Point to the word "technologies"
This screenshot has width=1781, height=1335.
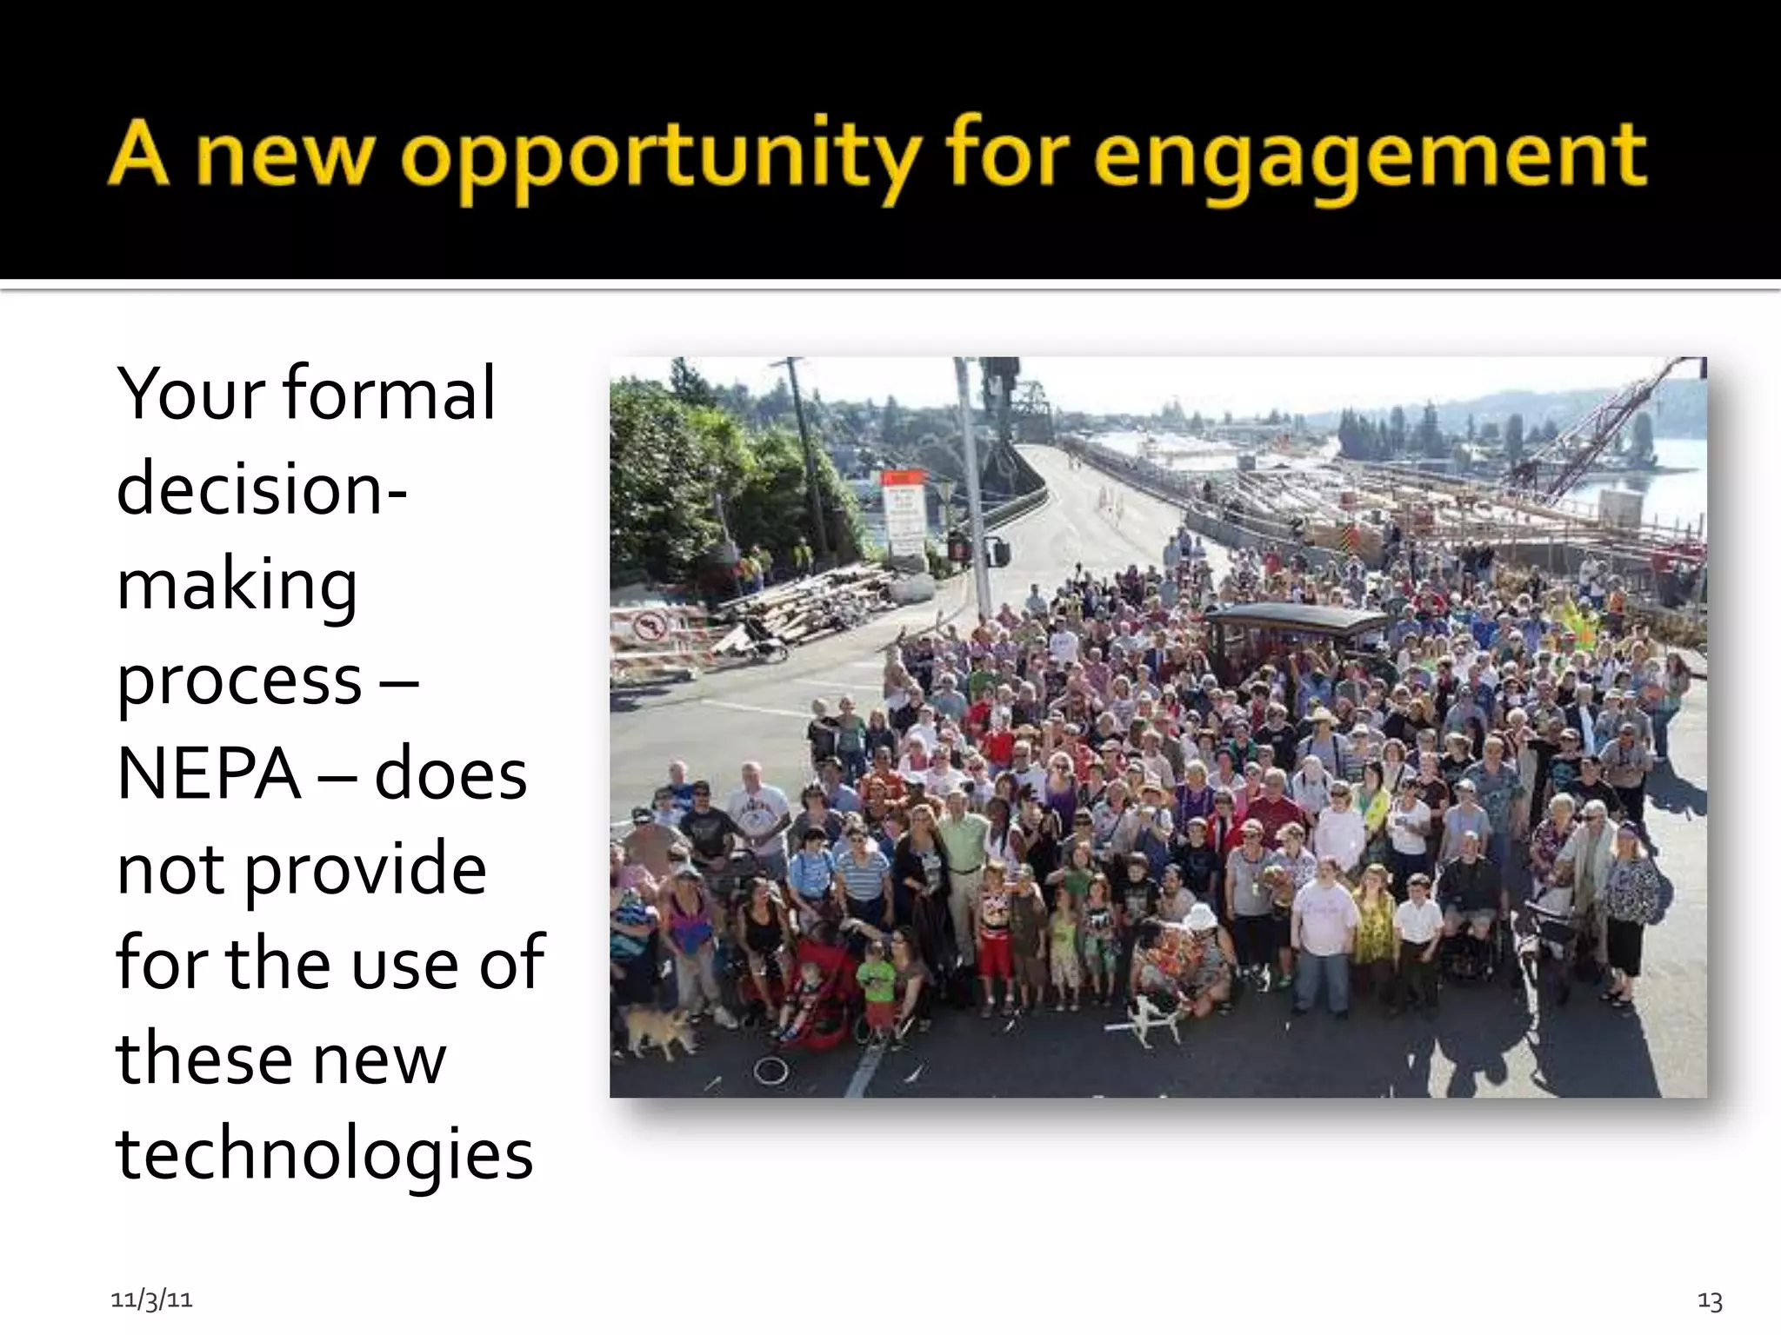coord(324,1153)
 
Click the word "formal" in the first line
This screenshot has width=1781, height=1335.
coord(389,393)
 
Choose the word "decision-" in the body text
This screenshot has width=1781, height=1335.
coord(262,488)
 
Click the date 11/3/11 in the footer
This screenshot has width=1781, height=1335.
coord(151,1299)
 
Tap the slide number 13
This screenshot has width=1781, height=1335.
coord(1709,1300)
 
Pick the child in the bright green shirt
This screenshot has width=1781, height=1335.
coord(877,982)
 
